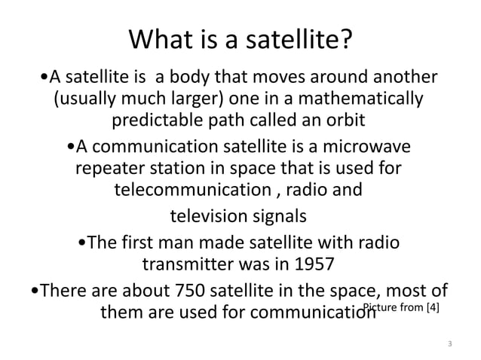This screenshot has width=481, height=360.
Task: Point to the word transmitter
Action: tap(188, 265)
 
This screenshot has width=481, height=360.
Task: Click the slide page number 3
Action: tap(449, 344)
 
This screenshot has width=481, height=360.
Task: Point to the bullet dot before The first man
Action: tap(82, 243)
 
